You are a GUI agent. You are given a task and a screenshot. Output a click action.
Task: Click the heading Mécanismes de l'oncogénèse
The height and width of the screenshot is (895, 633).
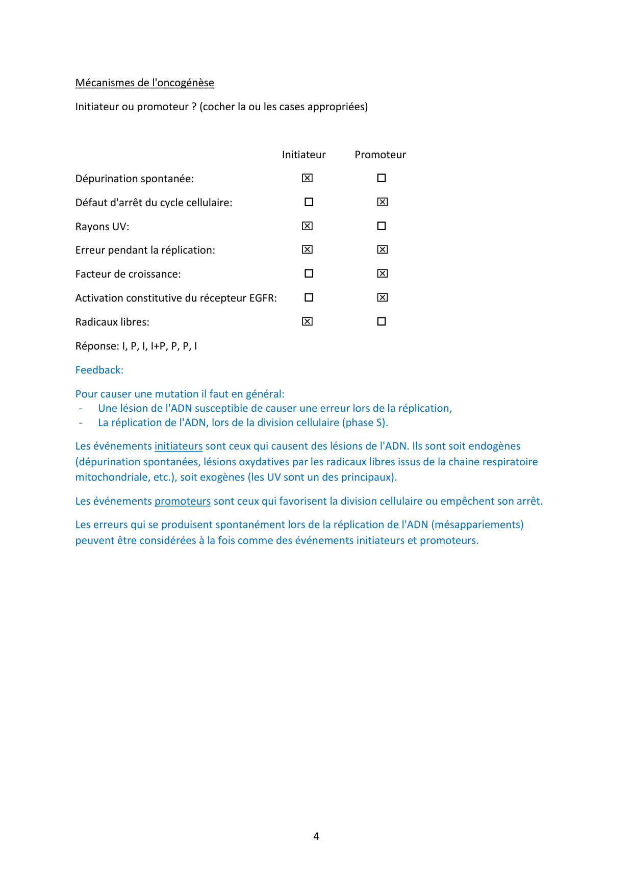click(x=144, y=83)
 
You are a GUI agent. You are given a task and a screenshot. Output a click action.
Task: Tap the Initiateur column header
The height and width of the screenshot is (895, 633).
click(x=303, y=155)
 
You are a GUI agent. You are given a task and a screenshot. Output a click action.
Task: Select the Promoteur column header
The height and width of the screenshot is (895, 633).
click(x=380, y=155)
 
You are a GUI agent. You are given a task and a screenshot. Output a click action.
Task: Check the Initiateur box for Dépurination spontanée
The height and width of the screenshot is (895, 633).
click(x=307, y=178)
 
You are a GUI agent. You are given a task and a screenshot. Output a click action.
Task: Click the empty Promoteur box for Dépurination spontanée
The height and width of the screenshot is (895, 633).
click(x=382, y=178)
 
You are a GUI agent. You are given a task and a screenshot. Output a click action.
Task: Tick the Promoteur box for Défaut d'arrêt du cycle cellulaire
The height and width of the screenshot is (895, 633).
click(x=383, y=202)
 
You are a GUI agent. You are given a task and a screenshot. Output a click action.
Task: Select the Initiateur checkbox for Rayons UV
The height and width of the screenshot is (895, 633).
click(x=307, y=226)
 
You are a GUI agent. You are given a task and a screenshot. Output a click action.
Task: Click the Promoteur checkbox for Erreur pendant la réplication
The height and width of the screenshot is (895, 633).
click(x=383, y=250)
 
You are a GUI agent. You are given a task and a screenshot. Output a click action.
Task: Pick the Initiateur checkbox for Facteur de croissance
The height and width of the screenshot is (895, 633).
click(x=309, y=274)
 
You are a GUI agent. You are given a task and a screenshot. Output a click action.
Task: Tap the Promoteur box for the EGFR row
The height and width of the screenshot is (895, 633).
click(x=383, y=297)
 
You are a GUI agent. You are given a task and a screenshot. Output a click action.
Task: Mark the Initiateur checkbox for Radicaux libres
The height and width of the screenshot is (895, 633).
click(x=307, y=321)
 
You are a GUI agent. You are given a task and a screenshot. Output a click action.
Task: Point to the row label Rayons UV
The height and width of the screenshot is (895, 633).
click(x=102, y=227)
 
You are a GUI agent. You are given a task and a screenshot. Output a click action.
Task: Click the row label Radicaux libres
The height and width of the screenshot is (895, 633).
click(x=112, y=322)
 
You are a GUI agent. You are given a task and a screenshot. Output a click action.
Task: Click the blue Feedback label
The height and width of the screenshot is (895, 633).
click(x=99, y=370)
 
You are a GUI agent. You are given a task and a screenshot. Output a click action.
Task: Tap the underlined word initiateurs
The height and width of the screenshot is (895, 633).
click(x=179, y=446)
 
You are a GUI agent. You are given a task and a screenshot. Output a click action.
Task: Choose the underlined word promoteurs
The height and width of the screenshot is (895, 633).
click(x=183, y=501)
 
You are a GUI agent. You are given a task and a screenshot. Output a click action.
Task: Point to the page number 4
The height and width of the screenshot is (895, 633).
click(x=316, y=836)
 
